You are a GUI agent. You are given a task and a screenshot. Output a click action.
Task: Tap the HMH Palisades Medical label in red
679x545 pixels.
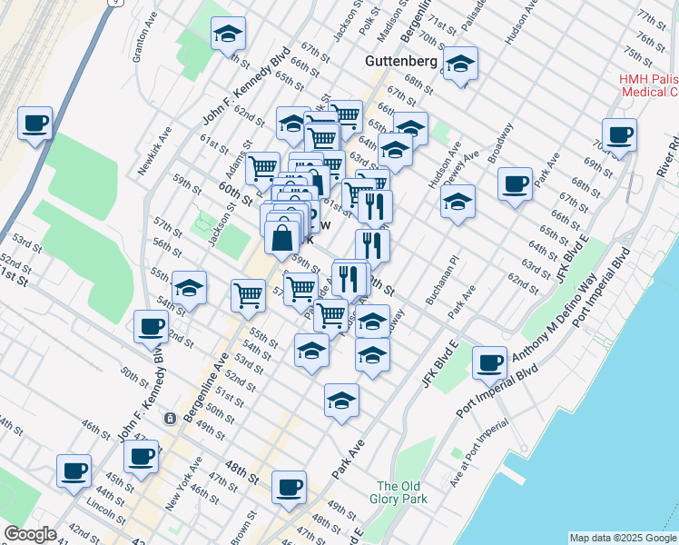pos(648,85)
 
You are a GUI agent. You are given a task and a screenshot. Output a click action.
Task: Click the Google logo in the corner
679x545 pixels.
pos(30,534)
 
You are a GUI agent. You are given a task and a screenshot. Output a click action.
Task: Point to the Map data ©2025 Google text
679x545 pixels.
pos(622,537)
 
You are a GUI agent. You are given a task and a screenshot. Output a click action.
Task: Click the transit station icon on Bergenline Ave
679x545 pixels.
pos(169,419)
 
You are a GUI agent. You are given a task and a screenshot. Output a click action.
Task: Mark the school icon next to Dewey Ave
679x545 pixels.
pos(458,201)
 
